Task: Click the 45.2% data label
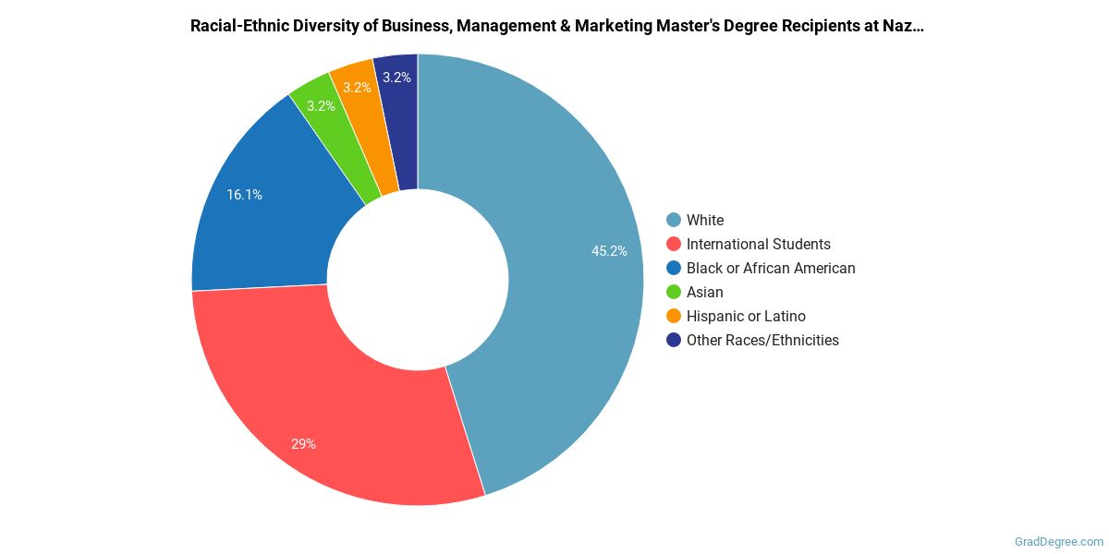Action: click(x=610, y=251)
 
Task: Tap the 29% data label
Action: click(x=303, y=444)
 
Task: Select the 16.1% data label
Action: click(x=245, y=195)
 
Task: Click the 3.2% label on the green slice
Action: click(x=321, y=106)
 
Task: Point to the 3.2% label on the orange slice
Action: click(x=357, y=88)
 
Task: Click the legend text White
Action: click(x=705, y=220)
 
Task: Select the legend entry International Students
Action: click(x=758, y=244)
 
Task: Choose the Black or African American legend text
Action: click(x=771, y=268)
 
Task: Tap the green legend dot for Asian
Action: click(x=674, y=292)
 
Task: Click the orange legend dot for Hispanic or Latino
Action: click(x=674, y=316)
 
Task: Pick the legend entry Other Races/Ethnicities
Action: click(x=762, y=340)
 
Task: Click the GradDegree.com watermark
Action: click(x=1057, y=542)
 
